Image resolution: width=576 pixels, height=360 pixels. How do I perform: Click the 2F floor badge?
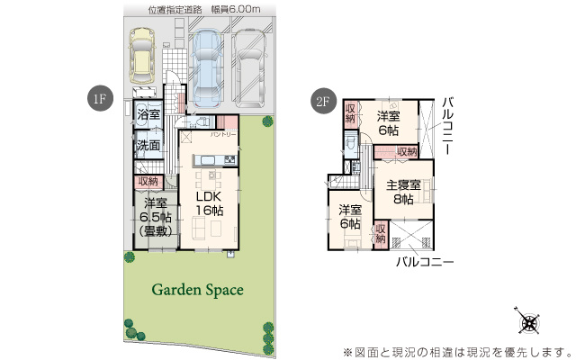[x=322, y=101]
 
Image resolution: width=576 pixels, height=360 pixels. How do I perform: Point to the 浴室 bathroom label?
[x=148, y=114]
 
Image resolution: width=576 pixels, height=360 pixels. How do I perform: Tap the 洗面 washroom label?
[x=148, y=145]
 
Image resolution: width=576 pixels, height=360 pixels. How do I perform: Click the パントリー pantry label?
[x=223, y=134]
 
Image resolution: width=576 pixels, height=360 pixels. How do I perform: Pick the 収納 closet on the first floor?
[x=148, y=182]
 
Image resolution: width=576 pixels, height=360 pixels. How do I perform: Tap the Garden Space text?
[x=197, y=290]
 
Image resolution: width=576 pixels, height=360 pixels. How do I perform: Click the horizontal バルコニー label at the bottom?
[x=424, y=262]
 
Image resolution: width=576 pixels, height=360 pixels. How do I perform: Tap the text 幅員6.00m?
[x=236, y=9]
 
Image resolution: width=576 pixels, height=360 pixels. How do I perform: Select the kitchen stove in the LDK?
[x=229, y=160]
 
